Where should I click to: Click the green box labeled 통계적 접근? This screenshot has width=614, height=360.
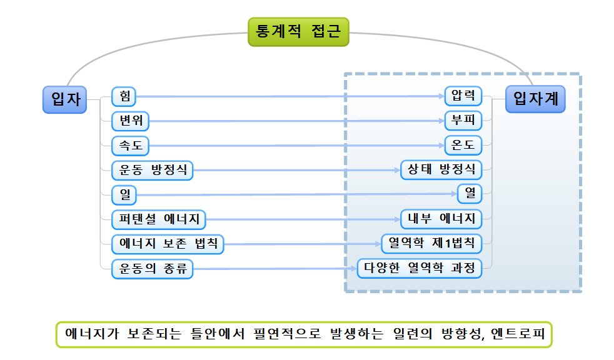click(298, 32)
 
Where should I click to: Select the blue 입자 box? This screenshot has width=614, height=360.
click(64, 99)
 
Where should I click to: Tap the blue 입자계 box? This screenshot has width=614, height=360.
click(535, 99)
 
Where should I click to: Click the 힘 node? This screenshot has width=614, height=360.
click(124, 96)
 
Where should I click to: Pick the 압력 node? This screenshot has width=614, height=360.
click(463, 96)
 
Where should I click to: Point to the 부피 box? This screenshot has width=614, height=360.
click(463, 121)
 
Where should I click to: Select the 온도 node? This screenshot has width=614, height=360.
click(463, 145)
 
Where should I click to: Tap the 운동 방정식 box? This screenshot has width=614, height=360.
click(152, 170)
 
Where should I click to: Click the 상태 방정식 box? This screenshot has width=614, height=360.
click(441, 170)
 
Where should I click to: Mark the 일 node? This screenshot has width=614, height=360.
click(124, 194)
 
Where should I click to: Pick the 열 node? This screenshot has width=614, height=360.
click(470, 194)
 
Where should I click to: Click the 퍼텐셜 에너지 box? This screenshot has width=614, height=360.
click(159, 219)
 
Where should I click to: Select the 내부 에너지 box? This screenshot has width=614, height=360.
click(441, 219)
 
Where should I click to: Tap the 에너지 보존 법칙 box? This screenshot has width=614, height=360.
click(168, 244)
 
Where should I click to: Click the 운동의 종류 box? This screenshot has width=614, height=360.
click(152, 269)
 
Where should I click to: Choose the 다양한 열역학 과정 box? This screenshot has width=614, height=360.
click(420, 269)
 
